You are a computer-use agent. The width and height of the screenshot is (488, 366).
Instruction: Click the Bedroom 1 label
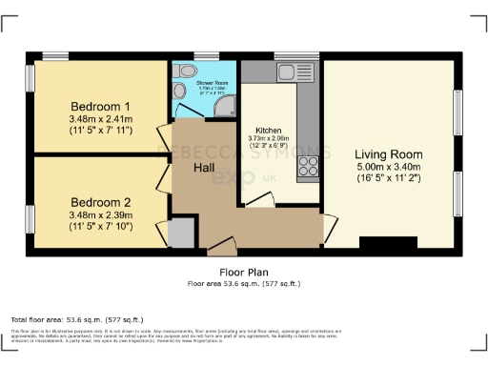(99, 106)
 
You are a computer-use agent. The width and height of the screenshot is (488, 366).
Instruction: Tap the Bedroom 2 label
(99, 202)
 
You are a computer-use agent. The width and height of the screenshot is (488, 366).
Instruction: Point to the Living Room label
(388, 153)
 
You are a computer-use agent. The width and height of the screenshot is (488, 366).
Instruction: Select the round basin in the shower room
(181, 91)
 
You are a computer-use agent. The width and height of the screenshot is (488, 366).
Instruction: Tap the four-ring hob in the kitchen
(309, 168)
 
